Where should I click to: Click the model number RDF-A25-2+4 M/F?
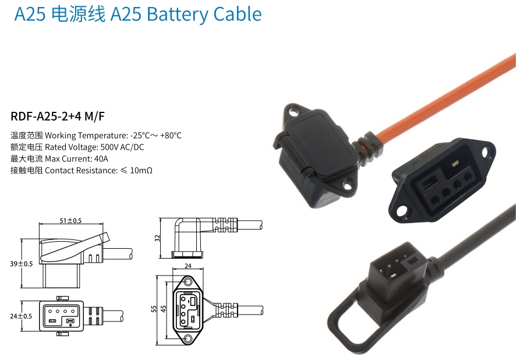coord(58,117)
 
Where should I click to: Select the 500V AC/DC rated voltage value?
coord(122,147)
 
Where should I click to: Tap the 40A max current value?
coord(101,159)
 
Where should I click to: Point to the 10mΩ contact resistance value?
coord(141,171)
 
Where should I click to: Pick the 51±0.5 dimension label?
coord(70,221)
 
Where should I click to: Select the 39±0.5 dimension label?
coord(22,264)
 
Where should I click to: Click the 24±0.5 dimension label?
coord(21,316)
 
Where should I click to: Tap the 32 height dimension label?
coord(157,238)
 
